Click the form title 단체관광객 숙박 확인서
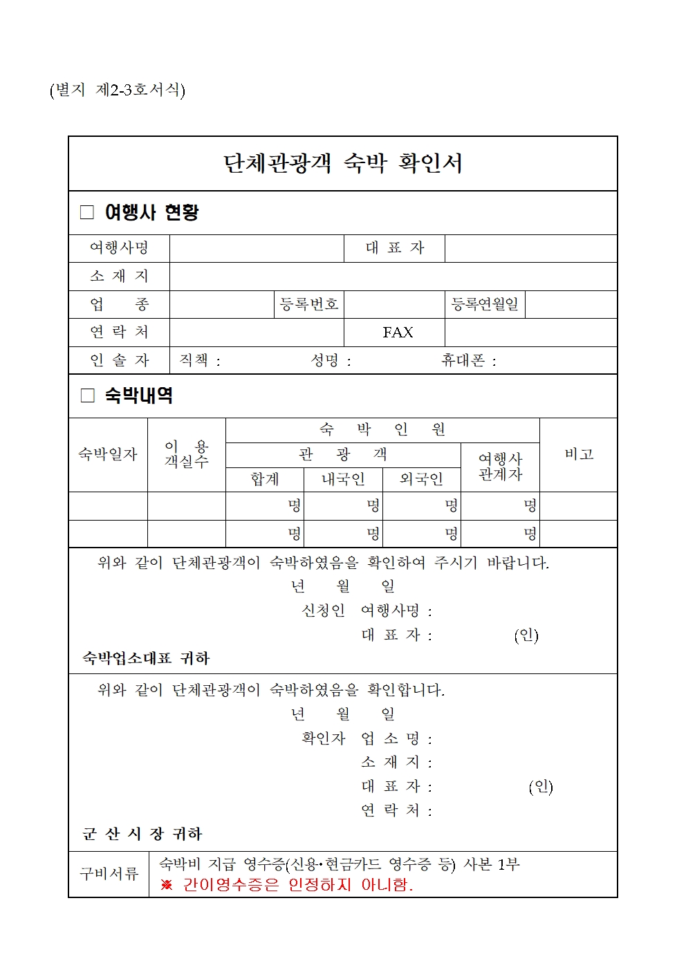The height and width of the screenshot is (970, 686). coord(342,163)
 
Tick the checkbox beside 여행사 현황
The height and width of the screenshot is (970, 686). coord(87,212)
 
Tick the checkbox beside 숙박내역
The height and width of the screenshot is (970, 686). coord(87,395)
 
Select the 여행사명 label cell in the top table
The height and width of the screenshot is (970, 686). coord(119,248)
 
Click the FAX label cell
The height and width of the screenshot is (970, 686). coord(398,333)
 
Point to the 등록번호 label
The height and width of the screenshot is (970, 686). coord(309,304)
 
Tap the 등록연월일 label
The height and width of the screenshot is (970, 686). coord(485,304)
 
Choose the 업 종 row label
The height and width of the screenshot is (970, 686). coord(119,304)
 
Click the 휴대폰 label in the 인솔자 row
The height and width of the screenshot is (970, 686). coord(464,360)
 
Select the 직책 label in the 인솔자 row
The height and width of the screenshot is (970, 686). coord(194,360)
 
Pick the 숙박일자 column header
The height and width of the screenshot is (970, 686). coord(108,454)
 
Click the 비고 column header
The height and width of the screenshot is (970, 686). coord(579,454)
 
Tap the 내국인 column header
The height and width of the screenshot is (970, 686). coord(343,479)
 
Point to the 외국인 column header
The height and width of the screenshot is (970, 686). coord(422,479)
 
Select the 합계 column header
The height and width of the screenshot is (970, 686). coord(265,479)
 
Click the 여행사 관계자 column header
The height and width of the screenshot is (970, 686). coord(500,467)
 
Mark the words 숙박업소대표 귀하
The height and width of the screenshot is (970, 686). coord(146,658)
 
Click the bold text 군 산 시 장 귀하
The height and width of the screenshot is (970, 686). coord(142,834)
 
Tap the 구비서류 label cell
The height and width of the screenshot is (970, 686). coord(109,874)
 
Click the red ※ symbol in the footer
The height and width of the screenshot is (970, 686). coord(167,885)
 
